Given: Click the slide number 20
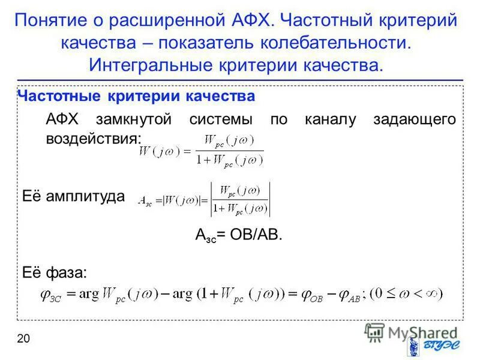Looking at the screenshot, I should point(23,339).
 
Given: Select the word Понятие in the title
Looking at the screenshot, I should point(50,20).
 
